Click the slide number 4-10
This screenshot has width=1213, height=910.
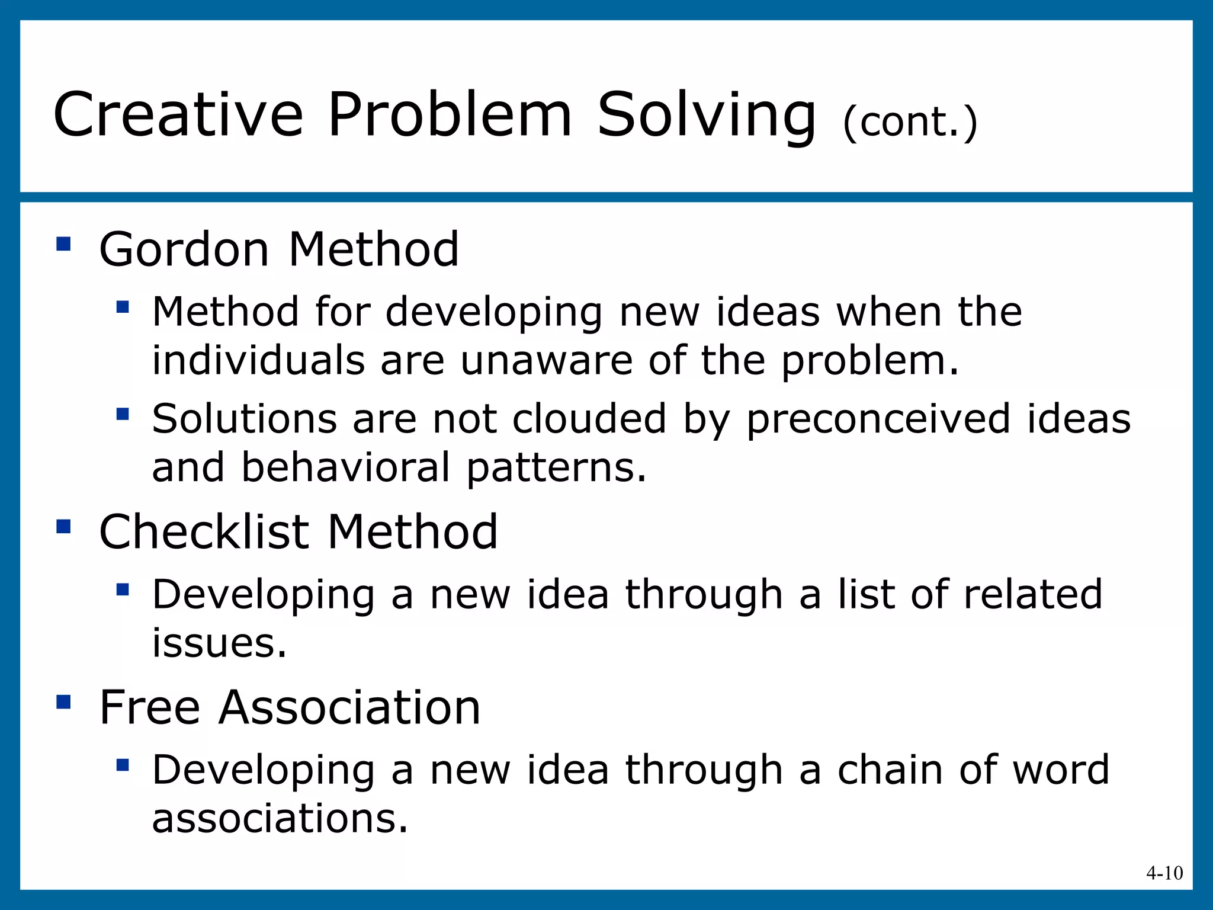[1164, 873]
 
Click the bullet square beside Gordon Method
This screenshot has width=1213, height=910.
[63, 243]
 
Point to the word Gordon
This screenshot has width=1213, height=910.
[184, 249]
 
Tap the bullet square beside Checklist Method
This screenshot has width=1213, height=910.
[63, 526]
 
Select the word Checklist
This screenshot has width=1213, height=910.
[204, 531]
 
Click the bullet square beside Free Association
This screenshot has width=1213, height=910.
[63, 702]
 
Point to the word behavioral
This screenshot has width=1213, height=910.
[346, 467]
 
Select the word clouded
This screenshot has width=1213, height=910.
[589, 418]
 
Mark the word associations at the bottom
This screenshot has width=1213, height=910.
[280, 818]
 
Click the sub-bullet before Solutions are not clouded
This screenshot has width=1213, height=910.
[123, 413]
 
